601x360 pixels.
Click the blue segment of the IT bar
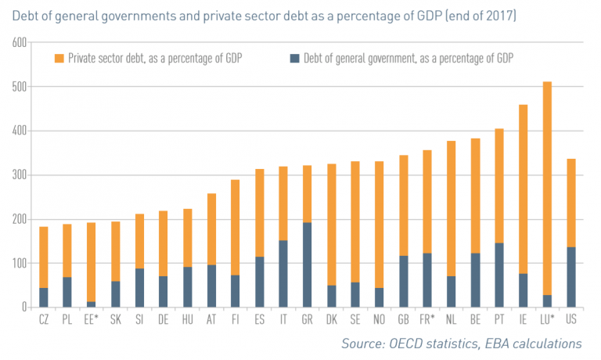click(283, 273)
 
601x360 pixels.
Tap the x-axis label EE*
click(92, 320)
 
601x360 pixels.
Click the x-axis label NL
click(450, 320)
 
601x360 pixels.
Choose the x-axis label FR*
click(426, 320)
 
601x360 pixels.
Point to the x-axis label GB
click(402, 320)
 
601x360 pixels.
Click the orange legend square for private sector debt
click(58, 58)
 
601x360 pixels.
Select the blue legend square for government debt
click(294, 58)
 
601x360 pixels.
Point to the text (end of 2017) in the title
click(481, 16)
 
